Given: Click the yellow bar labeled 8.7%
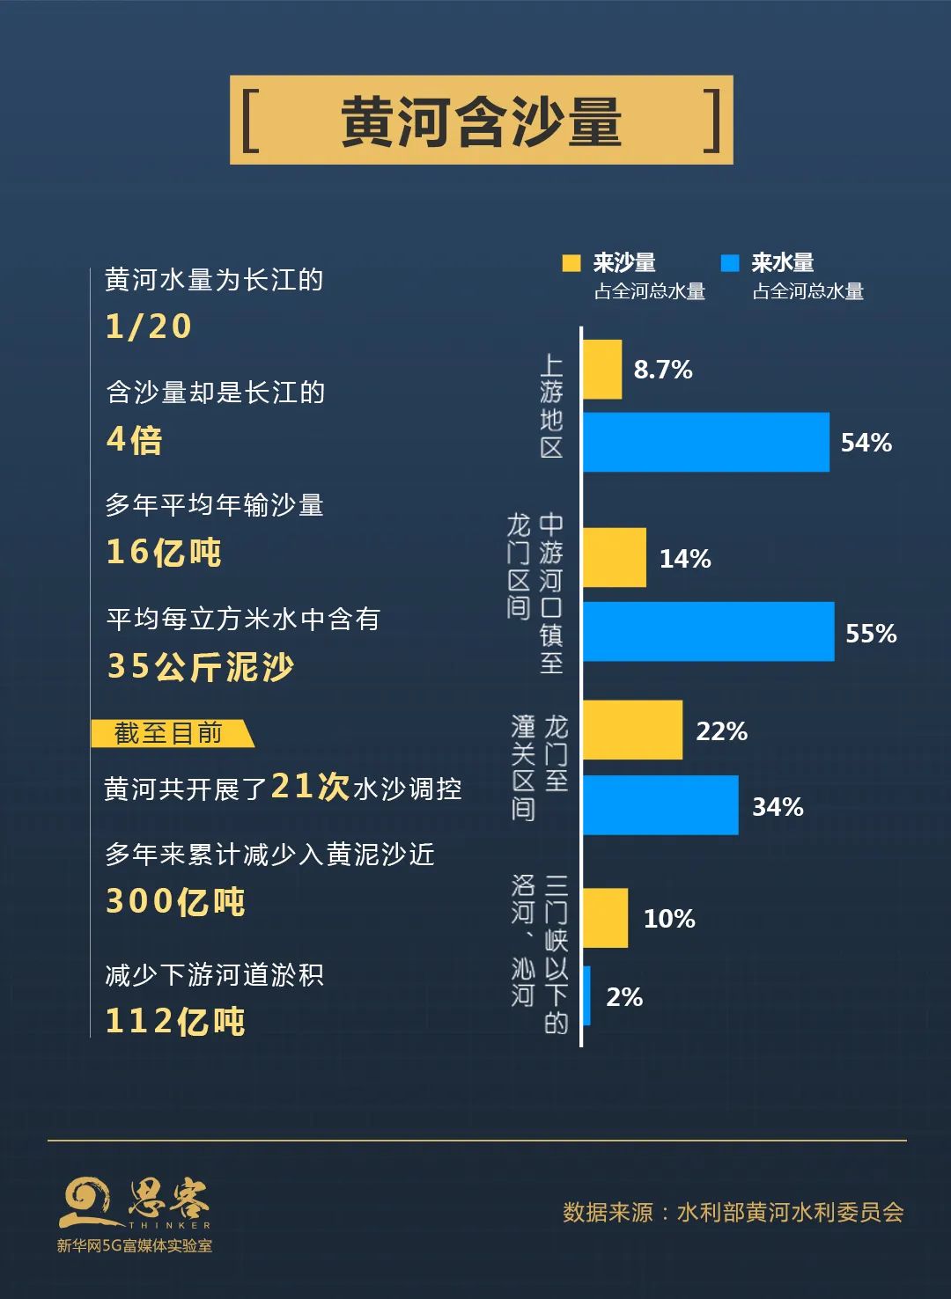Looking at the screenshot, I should (602, 370).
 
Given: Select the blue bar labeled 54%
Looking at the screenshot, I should (705, 442).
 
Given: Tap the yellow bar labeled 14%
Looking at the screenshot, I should (615, 558).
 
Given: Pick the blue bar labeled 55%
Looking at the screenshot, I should (708, 632).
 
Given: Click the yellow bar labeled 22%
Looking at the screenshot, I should (632, 730).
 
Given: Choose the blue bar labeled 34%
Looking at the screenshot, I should (660, 805).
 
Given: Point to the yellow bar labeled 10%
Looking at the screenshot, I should (605, 918).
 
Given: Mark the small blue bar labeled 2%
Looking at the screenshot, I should (586, 995).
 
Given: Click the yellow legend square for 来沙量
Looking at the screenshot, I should (571, 263).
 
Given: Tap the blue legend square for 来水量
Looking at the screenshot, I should (730, 263).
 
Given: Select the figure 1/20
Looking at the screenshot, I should (148, 327).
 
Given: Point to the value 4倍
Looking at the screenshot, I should (135, 439).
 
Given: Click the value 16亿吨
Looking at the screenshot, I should (164, 552).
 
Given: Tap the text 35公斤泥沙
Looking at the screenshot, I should (200, 666).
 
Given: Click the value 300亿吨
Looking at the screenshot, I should (175, 901).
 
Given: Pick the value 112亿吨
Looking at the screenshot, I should (175, 1021).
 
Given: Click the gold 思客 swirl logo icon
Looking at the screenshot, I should (85, 1202).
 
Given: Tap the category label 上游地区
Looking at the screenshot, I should (551, 406).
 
